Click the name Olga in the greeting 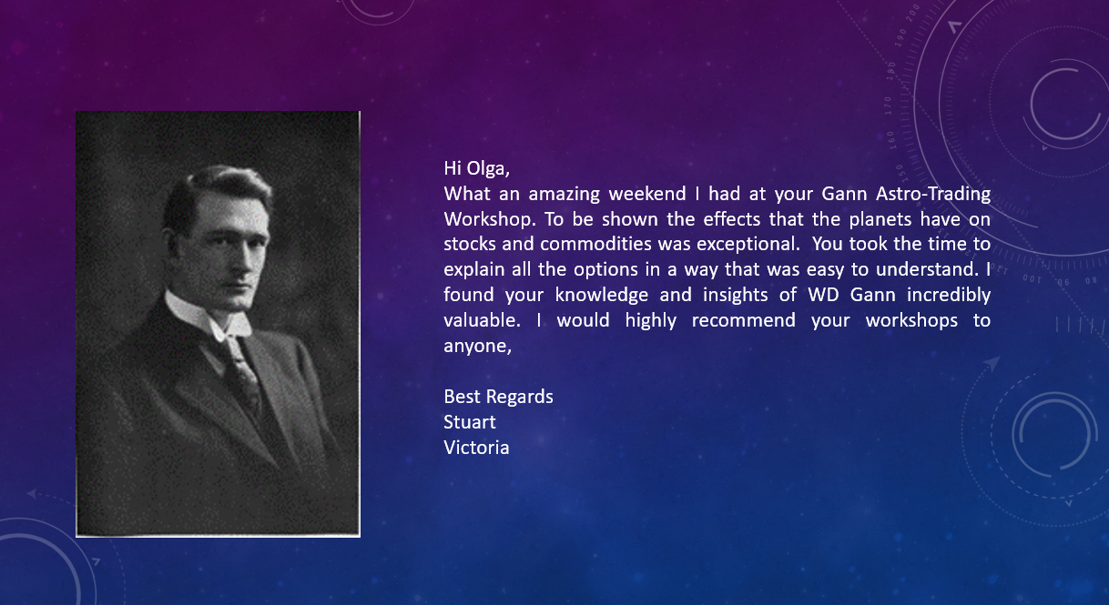coord(488,168)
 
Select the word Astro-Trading coord(932,194)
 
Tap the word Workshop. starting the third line coord(490,219)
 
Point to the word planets coord(880,219)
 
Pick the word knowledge coord(601,295)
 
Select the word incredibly coord(948,295)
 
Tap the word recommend coord(743,320)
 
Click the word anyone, coord(477,346)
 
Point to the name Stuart coord(469,422)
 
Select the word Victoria coord(476,448)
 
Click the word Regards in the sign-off coord(520,397)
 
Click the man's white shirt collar coord(208,314)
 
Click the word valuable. coord(482,320)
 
